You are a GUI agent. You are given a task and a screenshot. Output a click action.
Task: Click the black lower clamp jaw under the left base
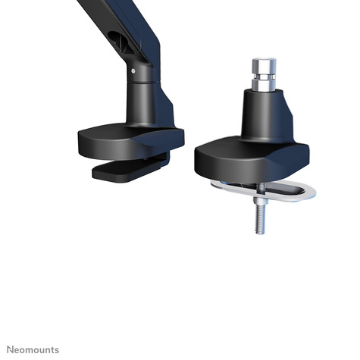(x=125, y=170)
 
